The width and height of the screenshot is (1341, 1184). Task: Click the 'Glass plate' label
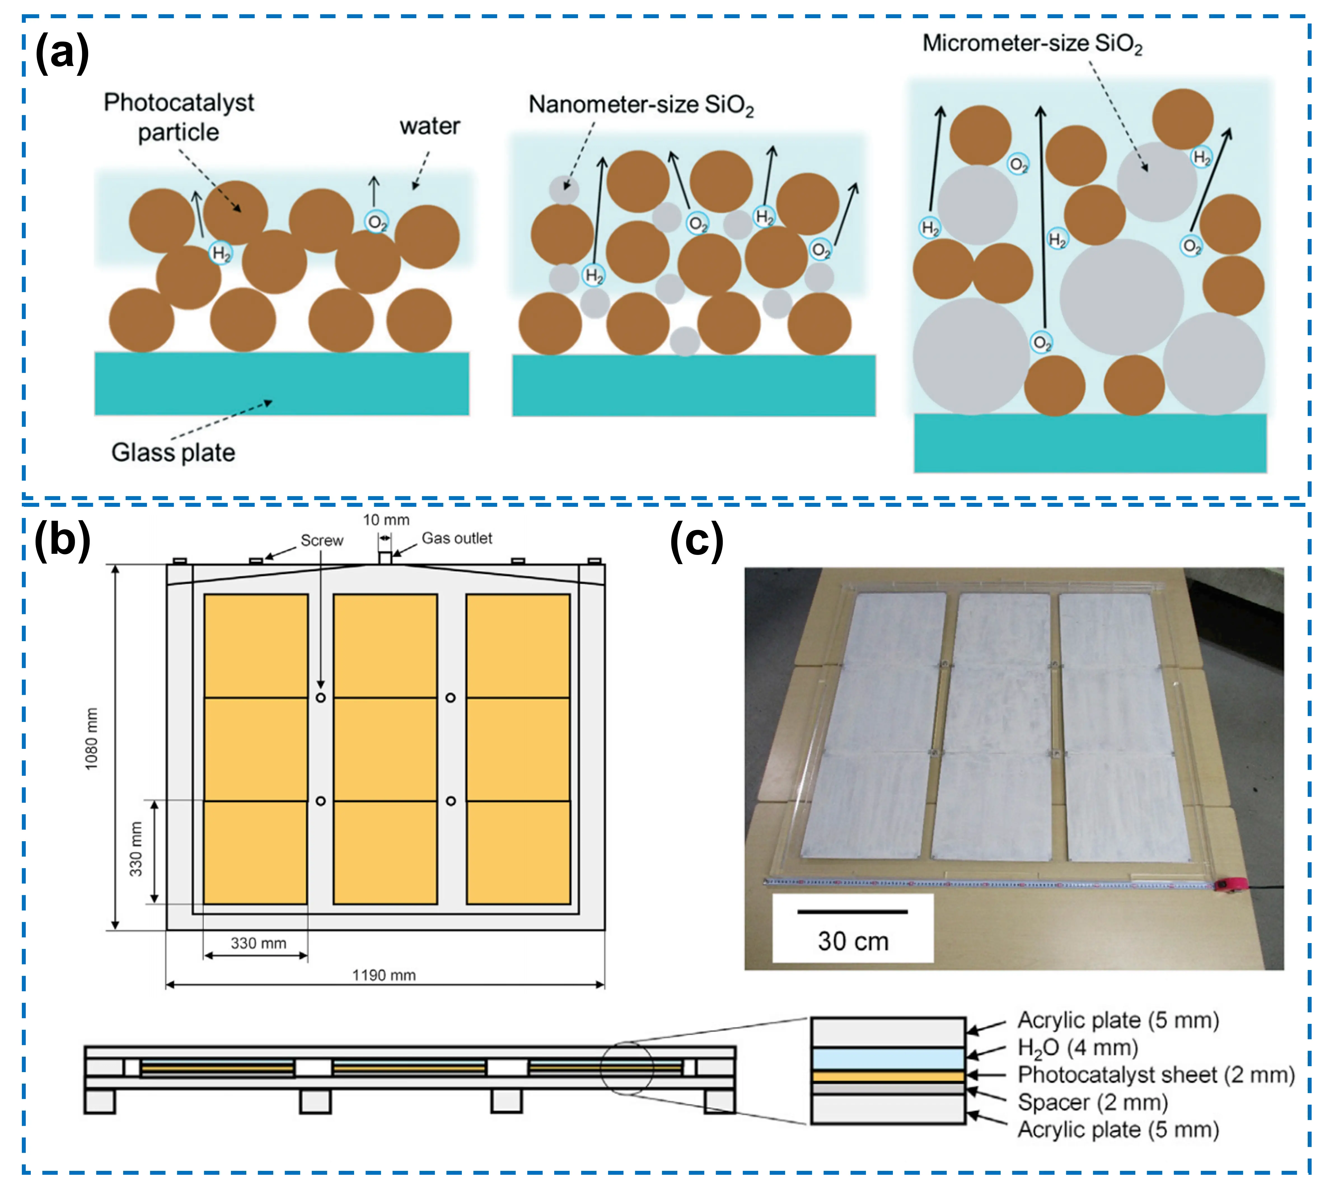(173, 453)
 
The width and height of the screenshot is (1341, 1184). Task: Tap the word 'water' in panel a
(430, 126)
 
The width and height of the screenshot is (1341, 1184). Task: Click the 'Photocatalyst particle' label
(179, 117)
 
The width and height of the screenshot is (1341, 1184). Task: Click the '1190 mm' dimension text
(384, 976)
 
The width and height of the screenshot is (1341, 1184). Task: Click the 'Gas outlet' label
(457, 538)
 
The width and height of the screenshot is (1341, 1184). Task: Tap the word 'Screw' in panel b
(322, 540)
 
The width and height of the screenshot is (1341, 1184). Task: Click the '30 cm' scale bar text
(853, 941)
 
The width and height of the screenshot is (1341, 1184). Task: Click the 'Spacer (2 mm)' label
(1092, 1103)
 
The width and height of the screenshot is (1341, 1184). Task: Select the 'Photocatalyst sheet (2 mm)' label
(1156, 1075)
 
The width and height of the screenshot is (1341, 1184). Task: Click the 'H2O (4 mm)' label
(1077, 1047)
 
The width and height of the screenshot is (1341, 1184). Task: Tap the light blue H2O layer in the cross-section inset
(888, 1058)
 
